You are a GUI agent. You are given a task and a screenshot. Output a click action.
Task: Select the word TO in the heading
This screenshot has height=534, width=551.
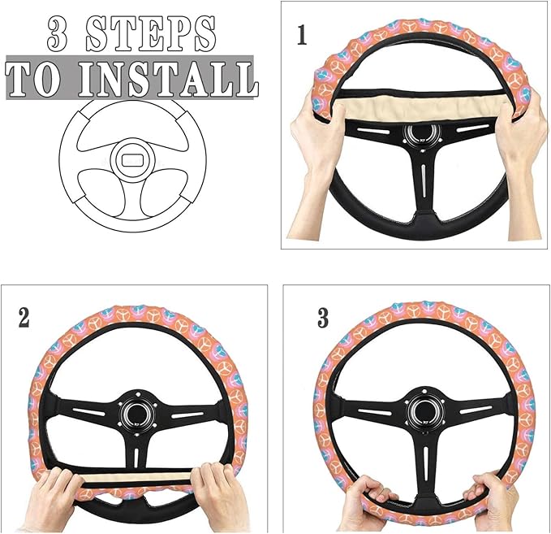click(38, 78)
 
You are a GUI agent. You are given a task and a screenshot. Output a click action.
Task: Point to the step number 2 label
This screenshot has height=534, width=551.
click(24, 317)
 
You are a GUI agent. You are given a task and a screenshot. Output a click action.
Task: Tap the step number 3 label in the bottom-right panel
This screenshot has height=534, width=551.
click(322, 318)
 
